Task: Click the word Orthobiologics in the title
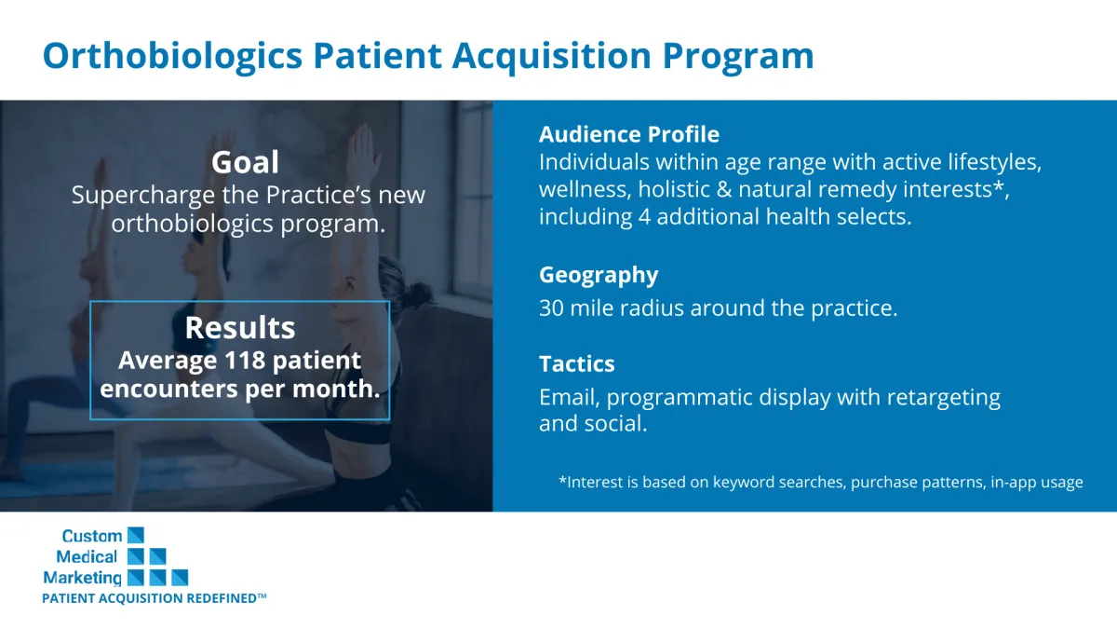click(x=172, y=56)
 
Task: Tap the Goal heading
click(x=245, y=163)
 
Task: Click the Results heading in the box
click(x=240, y=327)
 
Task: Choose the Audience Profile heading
click(x=629, y=134)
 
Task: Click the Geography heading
click(x=599, y=276)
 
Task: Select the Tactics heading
click(x=577, y=364)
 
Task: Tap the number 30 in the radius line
click(x=551, y=308)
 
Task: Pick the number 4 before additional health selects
click(x=644, y=217)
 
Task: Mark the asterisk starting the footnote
click(x=562, y=480)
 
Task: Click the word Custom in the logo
click(x=92, y=536)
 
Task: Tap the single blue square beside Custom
click(x=136, y=535)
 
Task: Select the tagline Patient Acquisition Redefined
click(x=155, y=598)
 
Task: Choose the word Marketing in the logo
click(x=82, y=578)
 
